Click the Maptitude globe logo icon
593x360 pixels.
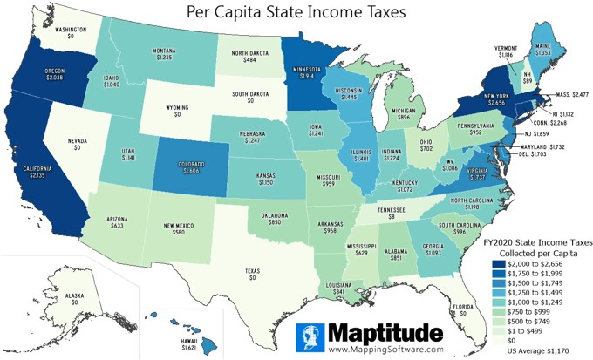pos(310,337)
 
